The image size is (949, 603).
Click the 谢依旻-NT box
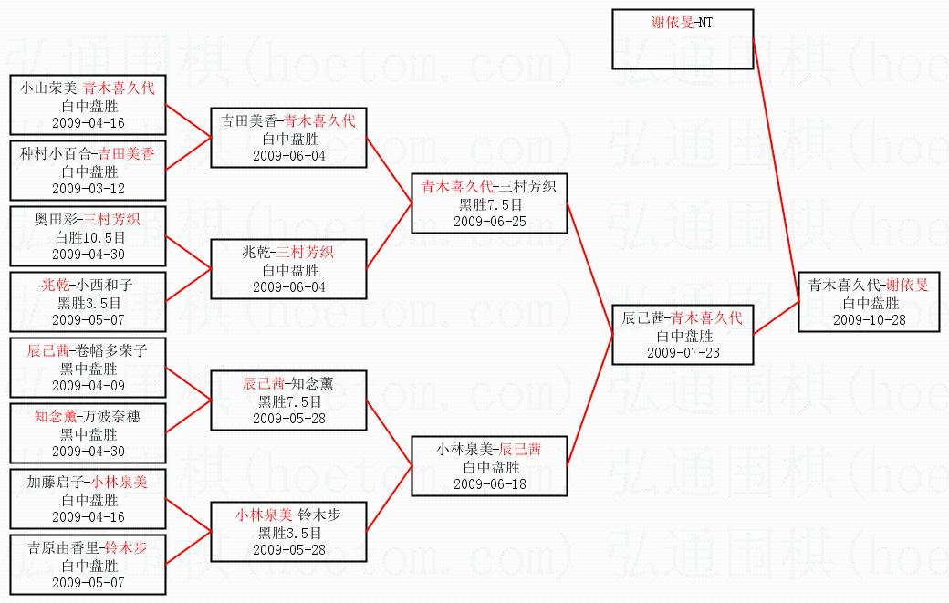pos(683,38)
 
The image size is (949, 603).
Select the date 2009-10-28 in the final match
pos(869,319)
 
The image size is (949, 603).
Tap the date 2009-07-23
pos(683,352)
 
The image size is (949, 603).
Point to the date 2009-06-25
pos(489,221)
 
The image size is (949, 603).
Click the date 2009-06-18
pos(489,483)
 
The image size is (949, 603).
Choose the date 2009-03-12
pos(89,188)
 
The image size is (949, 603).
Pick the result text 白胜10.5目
pos(89,237)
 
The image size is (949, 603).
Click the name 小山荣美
pos(49,88)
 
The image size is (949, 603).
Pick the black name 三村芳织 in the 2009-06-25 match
pos(532,187)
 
